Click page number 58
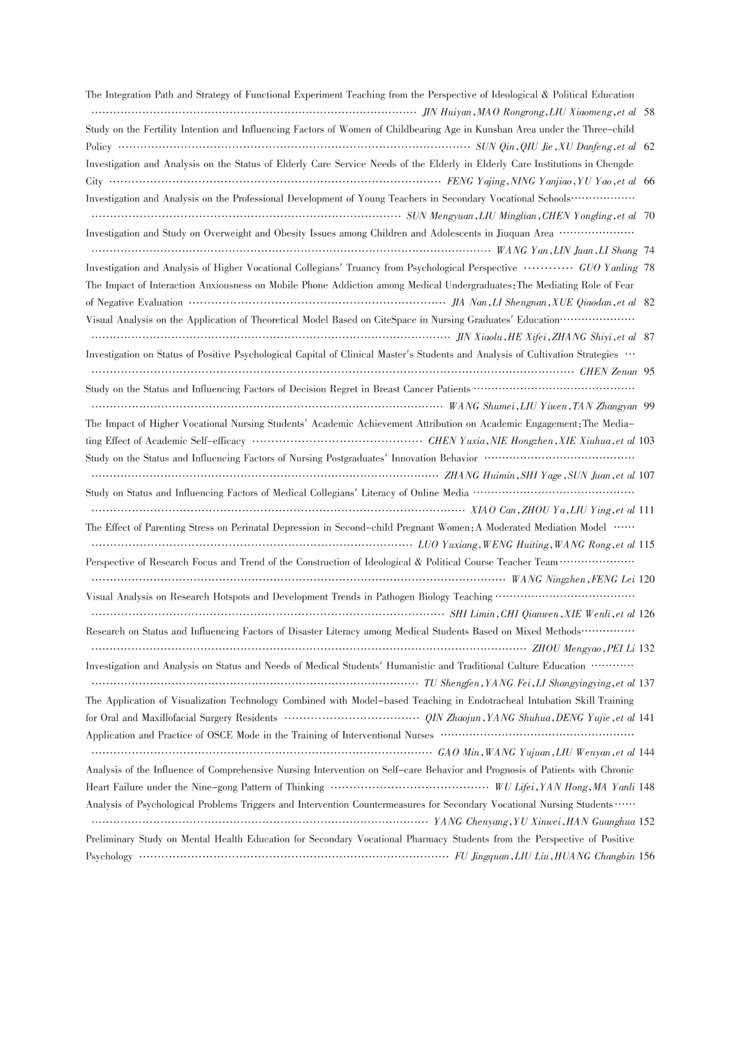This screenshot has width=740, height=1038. [x=649, y=112]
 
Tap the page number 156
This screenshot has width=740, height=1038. [x=647, y=856]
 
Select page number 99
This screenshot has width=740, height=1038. [x=649, y=407]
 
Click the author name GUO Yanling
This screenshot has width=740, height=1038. [x=608, y=268]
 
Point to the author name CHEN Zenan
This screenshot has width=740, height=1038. [x=608, y=372]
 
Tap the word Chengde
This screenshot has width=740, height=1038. [x=613, y=164]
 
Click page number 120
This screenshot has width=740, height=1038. [x=647, y=579]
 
